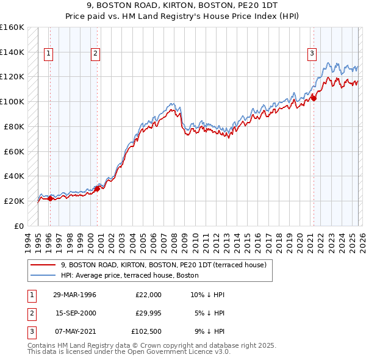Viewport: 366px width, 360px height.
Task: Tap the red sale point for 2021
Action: (314, 98)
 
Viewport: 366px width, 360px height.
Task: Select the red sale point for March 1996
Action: (50, 198)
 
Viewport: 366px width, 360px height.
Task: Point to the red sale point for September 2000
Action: (97, 189)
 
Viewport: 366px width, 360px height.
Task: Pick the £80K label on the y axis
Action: (13, 126)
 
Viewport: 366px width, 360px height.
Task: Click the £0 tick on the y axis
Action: (18, 226)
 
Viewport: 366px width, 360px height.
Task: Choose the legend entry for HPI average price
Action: (129, 275)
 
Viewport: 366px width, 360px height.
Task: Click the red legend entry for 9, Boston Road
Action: (163, 265)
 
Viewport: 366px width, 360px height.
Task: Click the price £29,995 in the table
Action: (148, 313)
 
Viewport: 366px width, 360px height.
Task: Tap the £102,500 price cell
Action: (147, 331)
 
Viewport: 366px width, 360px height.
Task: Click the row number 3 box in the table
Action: (31, 331)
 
